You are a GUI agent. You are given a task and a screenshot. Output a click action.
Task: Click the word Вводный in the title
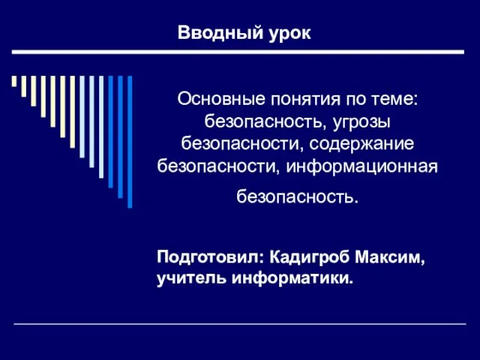(220, 32)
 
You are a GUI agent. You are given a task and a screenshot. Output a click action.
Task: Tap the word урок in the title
(289, 33)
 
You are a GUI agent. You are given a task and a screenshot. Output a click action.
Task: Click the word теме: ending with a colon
(394, 100)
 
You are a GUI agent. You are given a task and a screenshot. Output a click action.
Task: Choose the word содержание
(361, 145)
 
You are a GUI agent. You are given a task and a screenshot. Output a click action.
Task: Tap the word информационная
(361, 167)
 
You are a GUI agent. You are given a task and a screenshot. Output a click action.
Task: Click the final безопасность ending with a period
(297, 196)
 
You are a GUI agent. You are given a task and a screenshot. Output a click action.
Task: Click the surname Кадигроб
(310, 256)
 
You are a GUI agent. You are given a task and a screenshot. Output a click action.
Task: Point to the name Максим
(390, 257)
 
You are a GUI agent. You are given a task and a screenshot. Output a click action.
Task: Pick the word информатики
(292, 279)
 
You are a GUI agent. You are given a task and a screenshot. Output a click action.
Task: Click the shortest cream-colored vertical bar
(14, 81)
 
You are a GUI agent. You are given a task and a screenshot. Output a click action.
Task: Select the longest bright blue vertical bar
(130, 142)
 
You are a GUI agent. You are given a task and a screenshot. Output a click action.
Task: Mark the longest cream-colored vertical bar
(73, 112)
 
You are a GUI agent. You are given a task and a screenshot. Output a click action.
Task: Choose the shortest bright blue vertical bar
(111, 132)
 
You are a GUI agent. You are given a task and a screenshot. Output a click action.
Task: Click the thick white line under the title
(238, 52)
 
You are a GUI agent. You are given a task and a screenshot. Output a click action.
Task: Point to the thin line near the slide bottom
(240, 323)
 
